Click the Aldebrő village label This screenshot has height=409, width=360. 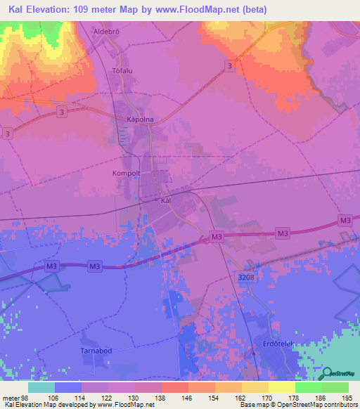(x=109, y=32)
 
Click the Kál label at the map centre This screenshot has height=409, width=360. (x=167, y=200)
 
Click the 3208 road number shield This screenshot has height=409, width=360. (x=244, y=278)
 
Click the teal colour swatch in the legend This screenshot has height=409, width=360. (x=41, y=387)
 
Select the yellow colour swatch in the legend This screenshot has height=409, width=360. (x=281, y=387)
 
